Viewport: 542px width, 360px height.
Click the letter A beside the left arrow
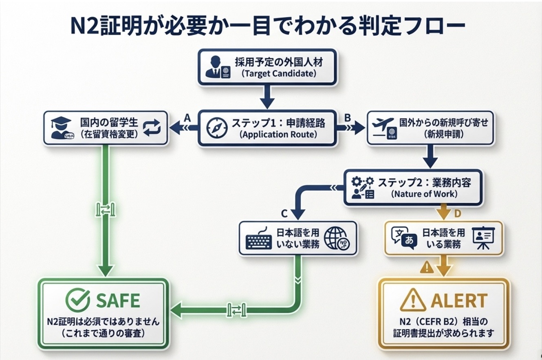pos(187,117)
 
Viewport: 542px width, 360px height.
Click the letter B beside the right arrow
pos(348,118)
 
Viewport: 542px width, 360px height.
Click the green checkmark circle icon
pos(77,300)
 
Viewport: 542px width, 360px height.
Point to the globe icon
pos(336,238)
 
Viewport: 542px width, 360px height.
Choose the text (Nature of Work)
pos(424,194)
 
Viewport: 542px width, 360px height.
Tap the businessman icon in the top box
pos(216,68)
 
